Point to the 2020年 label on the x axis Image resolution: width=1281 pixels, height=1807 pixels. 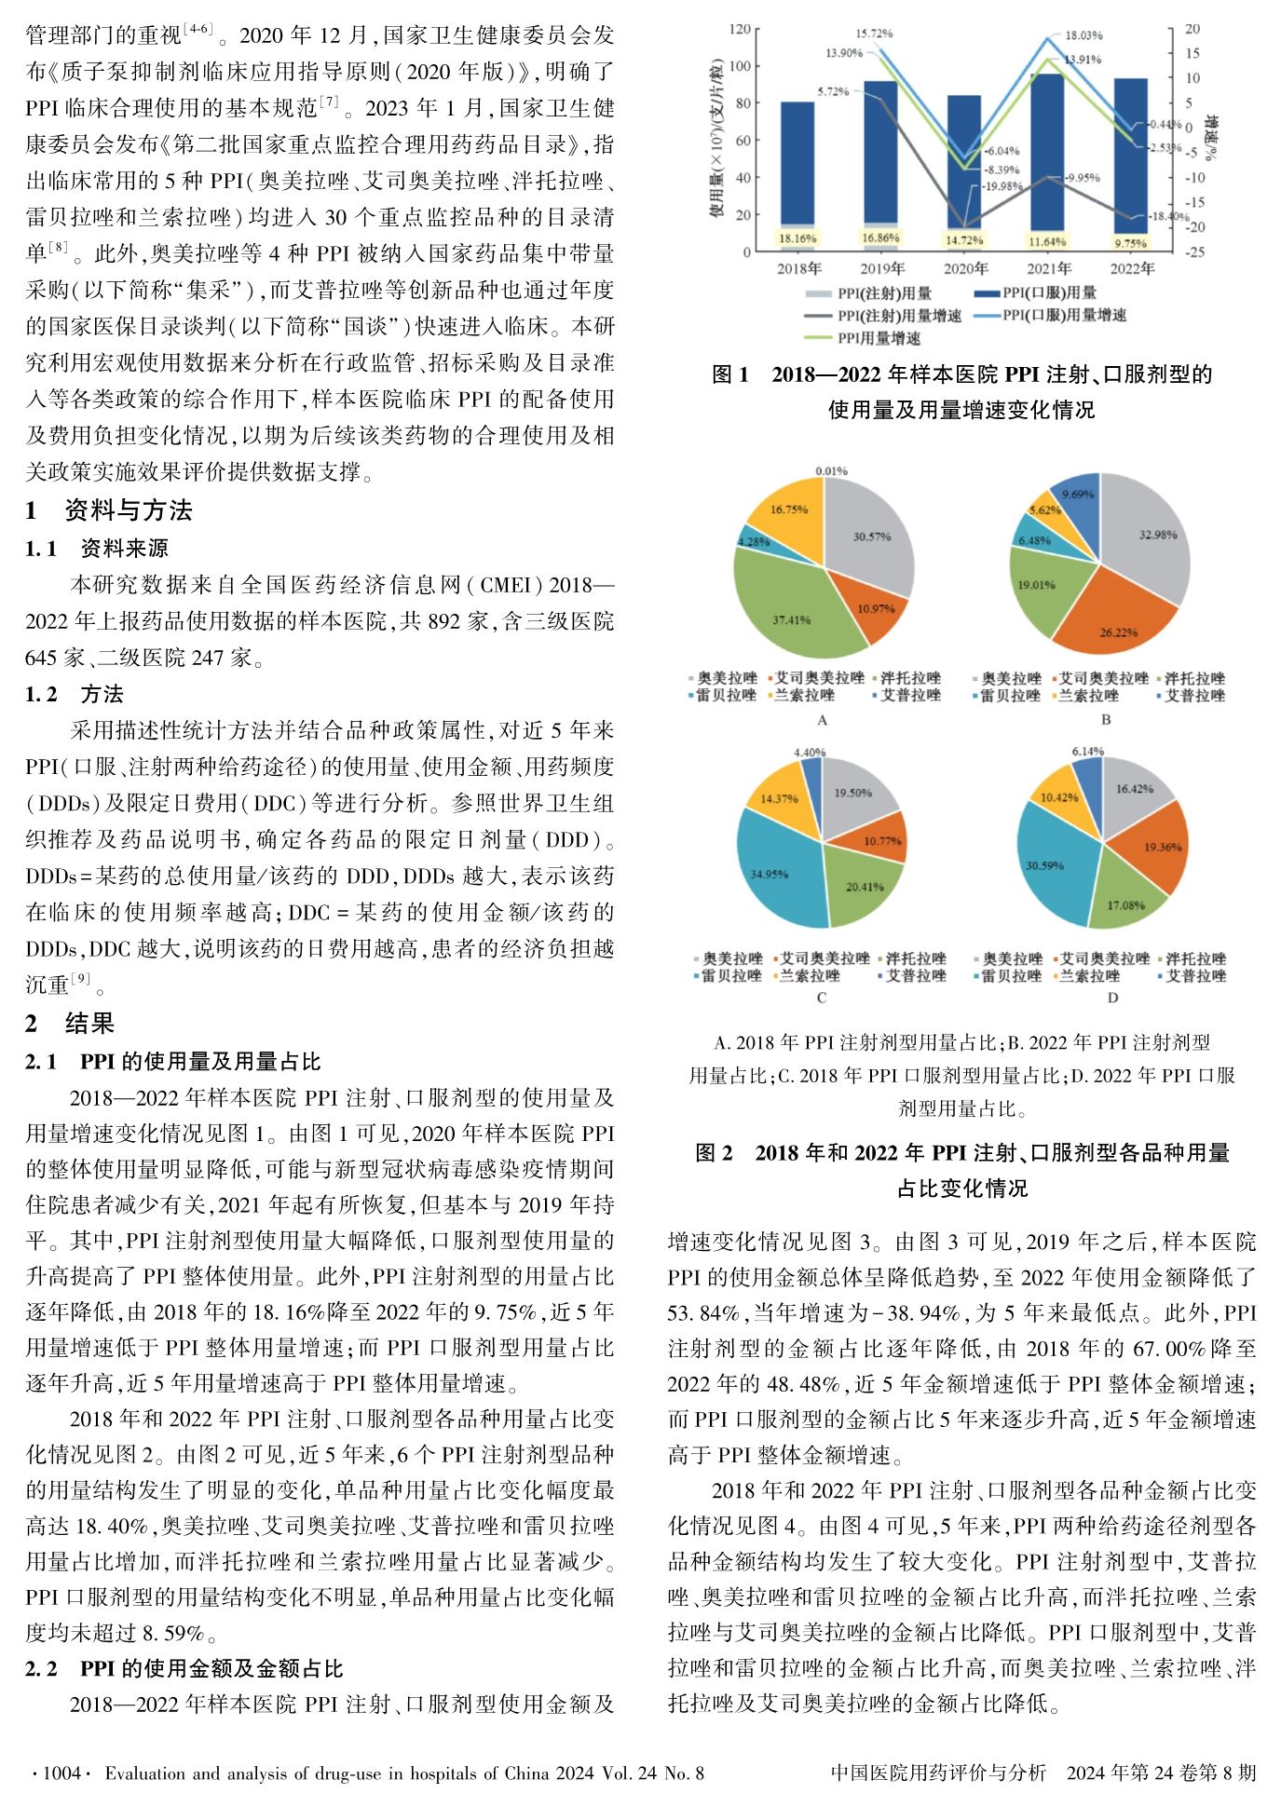coord(965,270)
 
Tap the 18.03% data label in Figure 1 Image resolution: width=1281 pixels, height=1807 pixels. coord(1083,35)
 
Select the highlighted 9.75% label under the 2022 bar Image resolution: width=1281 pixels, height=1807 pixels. coord(1131,243)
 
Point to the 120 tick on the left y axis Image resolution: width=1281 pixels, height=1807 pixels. coord(740,29)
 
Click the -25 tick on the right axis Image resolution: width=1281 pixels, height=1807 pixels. coord(1194,252)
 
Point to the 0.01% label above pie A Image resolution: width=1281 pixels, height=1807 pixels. coord(831,471)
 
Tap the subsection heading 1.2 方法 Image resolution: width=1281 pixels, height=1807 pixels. coord(75,694)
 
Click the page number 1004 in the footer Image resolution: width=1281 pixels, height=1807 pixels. coord(63,1773)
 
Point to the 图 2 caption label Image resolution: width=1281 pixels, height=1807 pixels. coord(714,1153)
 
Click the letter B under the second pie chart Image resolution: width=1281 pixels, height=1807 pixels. coord(1106,720)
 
